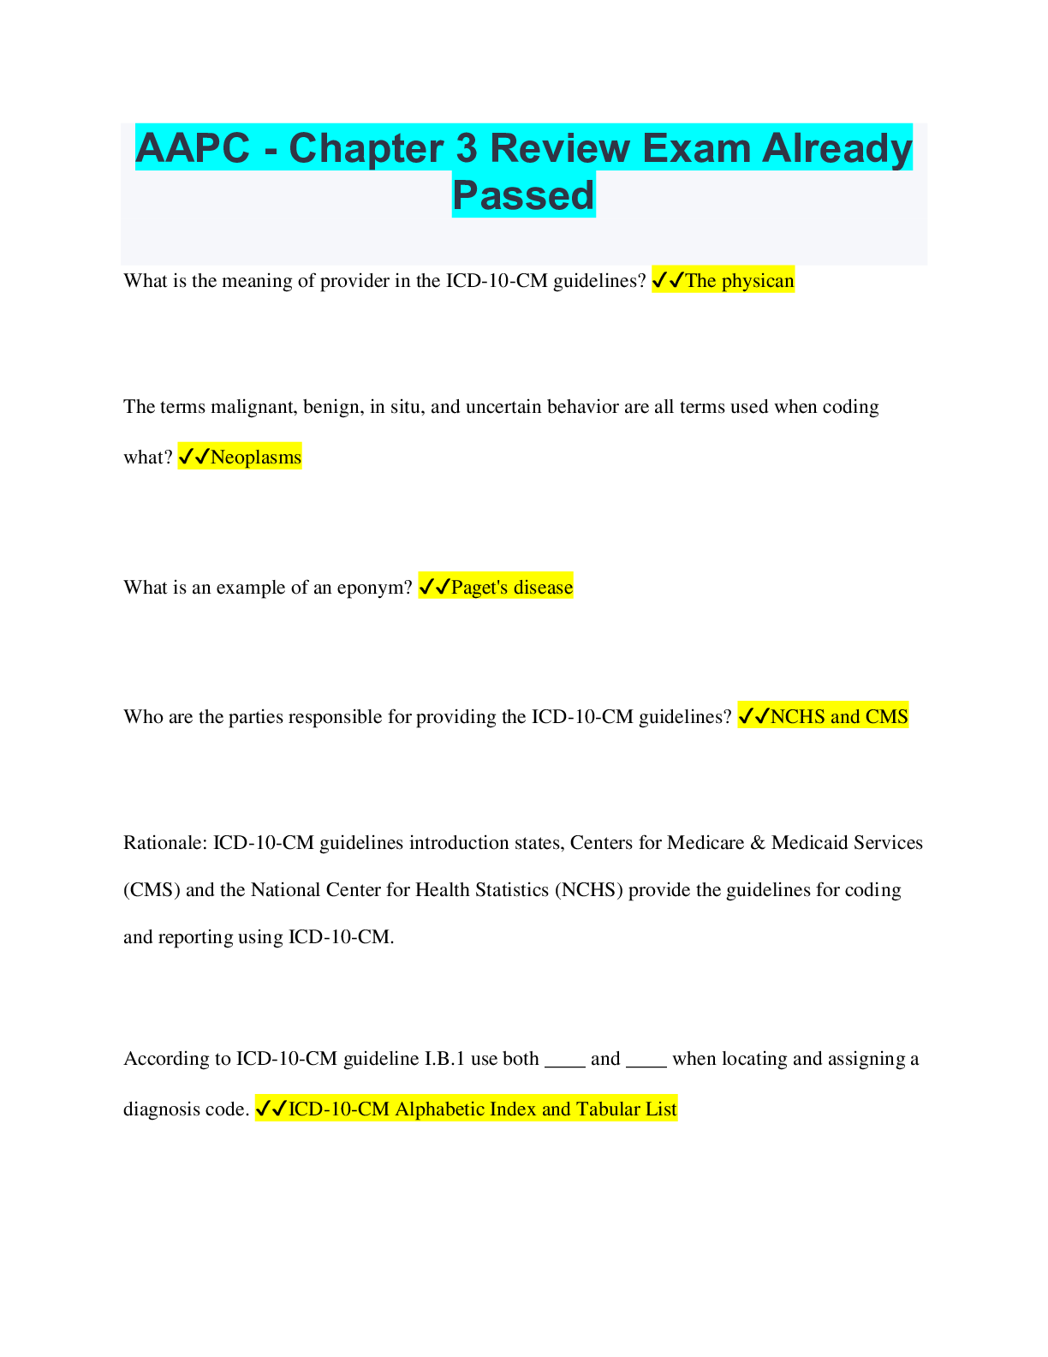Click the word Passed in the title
pyautogui.click(x=523, y=195)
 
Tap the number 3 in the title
pyautogui.click(x=467, y=148)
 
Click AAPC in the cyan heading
pyautogui.click(x=193, y=148)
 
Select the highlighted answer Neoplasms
pyautogui.click(x=256, y=457)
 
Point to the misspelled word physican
pyautogui.click(x=758, y=281)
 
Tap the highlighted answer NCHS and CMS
pyautogui.click(x=839, y=716)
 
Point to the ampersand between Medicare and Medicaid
pyautogui.click(x=758, y=842)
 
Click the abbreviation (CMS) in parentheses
pyautogui.click(x=152, y=889)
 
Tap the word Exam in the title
pyautogui.click(x=696, y=148)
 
